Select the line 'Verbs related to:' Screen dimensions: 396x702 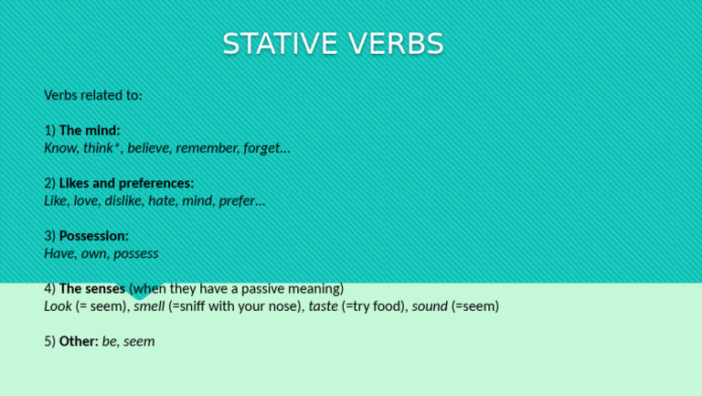pyautogui.click(x=93, y=95)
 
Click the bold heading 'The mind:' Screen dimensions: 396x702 pyautogui.click(x=89, y=131)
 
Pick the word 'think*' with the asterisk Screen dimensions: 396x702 pyautogui.click(x=101, y=148)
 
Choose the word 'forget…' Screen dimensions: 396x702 pyautogui.click(x=267, y=148)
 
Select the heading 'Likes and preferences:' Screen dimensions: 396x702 pyautogui.click(x=126, y=183)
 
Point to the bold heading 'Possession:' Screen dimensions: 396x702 pyautogui.click(x=93, y=236)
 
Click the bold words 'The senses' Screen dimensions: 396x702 pyautogui.click(x=91, y=289)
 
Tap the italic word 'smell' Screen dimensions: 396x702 pyautogui.click(x=149, y=306)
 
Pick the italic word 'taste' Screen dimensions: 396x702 pyautogui.click(x=323, y=306)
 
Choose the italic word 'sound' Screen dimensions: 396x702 pyautogui.click(x=430, y=306)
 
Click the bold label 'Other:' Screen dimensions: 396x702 pyautogui.click(x=79, y=341)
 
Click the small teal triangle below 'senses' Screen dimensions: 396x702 pyautogui.click(x=140, y=295)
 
